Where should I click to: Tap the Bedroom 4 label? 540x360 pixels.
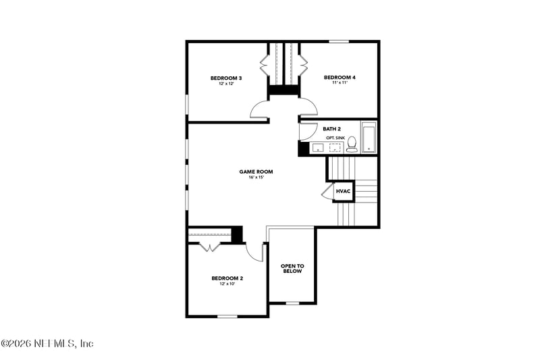(x=339, y=78)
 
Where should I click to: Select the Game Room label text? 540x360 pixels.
(x=256, y=172)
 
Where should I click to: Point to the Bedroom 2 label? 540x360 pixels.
(x=227, y=278)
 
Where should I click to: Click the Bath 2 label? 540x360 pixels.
(x=331, y=128)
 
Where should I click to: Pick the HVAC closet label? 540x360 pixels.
(x=343, y=192)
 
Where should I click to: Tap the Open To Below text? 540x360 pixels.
(x=292, y=268)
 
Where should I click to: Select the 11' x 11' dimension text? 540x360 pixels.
(x=339, y=84)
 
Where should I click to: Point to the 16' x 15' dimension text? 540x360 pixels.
(x=256, y=178)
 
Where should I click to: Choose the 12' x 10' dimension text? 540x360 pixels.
(x=227, y=284)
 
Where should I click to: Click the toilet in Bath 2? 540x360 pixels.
(x=352, y=145)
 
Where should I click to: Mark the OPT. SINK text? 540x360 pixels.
(x=335, y=138)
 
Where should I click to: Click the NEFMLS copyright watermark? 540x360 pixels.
(x=47, y=344)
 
